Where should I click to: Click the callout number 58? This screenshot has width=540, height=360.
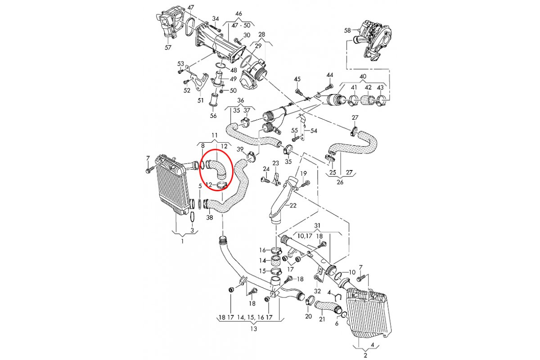[347, 31]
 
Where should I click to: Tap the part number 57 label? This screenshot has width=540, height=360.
[168, 47]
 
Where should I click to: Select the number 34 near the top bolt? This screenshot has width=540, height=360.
[216, 19]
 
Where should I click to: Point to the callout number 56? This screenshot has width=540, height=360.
[213, 116]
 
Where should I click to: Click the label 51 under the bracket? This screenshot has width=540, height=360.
[201, 100]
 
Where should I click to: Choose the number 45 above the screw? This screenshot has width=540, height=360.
[297, 79]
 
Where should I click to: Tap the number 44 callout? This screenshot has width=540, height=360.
[330, 75]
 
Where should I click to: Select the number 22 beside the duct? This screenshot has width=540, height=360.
[293, 206]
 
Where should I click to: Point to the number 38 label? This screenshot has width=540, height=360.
[210, 218]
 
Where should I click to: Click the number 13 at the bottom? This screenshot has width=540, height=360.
[253, 329]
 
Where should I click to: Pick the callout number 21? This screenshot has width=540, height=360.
[322, 319]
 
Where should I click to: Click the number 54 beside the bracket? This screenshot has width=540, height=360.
[314, 130]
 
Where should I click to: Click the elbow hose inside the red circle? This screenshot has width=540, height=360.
[217, 166]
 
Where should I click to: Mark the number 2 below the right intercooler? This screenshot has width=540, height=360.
[365, 355]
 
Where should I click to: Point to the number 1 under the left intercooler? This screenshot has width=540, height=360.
[182, 242]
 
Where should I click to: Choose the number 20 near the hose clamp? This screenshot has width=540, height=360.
[308, 316]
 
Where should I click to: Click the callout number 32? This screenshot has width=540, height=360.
[317, 291]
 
